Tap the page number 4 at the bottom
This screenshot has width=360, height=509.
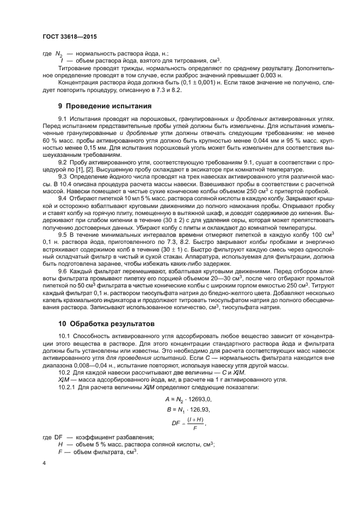[x=44, y=464]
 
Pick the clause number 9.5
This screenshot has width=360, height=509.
[x=62, y=233]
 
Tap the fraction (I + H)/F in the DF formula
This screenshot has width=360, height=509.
[x=198, y=421]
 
